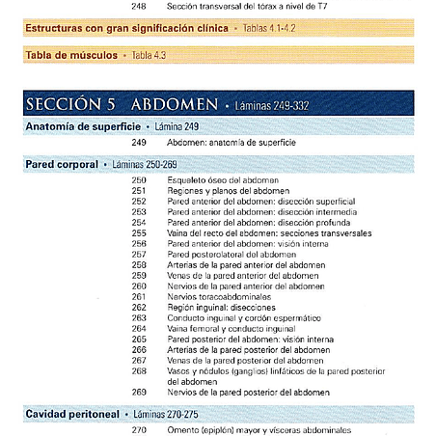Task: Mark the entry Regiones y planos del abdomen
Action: [x=219, y=191]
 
